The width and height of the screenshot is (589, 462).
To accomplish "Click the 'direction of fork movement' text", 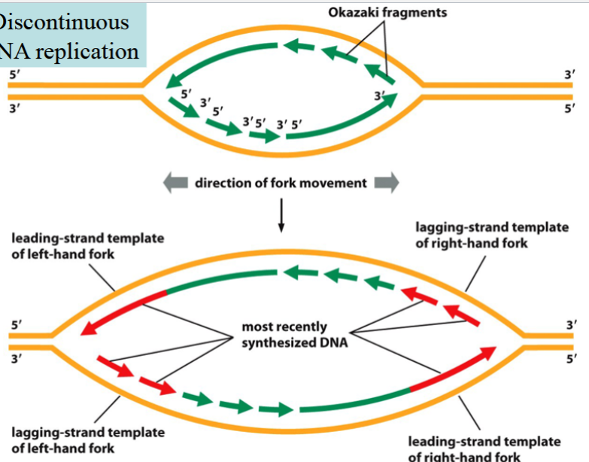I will pyautogui.click(x=281, y=183).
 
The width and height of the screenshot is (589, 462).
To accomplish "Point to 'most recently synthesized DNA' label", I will pyautogui.click(x=284, y=334).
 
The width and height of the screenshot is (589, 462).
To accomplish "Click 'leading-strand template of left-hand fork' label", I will pyautogui.click(x=87, y=246).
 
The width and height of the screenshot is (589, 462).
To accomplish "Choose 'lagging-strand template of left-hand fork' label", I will pyautogui.click(x=87, y=439).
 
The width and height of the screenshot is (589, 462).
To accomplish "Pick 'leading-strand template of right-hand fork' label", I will pyautogui.click(x=484, y=448).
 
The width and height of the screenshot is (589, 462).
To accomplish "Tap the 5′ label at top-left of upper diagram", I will pyautogui.click(x=13, y=74).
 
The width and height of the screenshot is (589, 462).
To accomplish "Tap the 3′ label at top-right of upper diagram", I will pyautogui.click(x=570, y=74).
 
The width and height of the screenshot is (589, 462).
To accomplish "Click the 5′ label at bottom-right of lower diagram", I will pyautogui.click(x=570, y=360).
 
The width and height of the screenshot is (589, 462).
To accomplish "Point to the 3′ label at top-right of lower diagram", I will pyautogui.click(x=570, y=324).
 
